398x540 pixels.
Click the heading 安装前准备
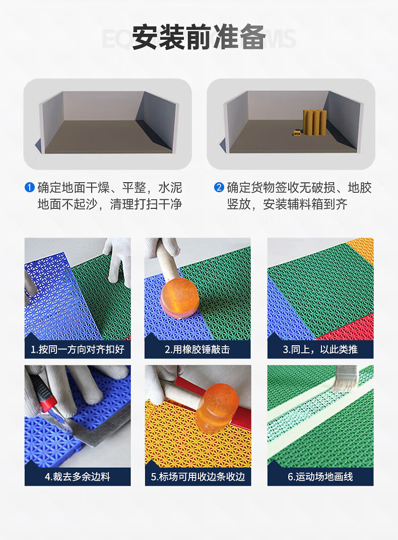(x=198, y=37)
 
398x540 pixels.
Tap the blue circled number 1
(x=30, y=187)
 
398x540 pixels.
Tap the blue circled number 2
(x=219, y=187)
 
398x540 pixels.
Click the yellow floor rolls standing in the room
(x=314, y=123)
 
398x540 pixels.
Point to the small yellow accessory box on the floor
(x=296, y=132)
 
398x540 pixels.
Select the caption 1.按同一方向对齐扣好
(x=78, y=350)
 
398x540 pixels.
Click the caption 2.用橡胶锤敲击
(x=197, y=350)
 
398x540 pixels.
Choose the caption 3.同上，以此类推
(x=320, y=350)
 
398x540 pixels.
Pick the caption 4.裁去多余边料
(x=78, y=477)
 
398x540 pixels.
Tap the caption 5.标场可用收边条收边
(x=198, y=477)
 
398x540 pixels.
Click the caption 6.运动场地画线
(x=320, y=477)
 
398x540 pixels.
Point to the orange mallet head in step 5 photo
(x=218, y=406)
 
